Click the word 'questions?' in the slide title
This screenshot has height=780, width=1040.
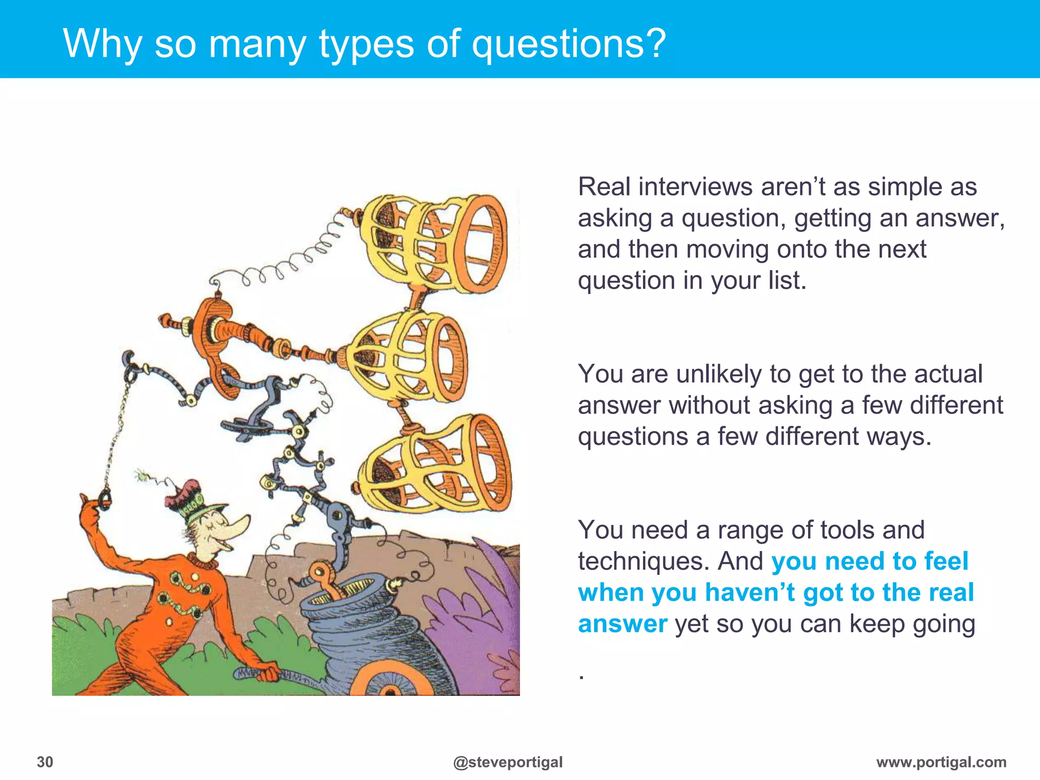click(x=569, y=45)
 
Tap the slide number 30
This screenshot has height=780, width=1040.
click(x=45, y=762)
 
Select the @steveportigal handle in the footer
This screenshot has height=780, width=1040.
click(x=508, y=762)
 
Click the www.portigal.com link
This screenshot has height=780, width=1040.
click(x=941, y=762)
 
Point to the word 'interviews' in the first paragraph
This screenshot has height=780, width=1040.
click(x=695, y=187)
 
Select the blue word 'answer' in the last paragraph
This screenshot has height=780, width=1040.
click(x=623, y=624)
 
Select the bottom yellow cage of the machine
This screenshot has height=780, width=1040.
click(x=437, y=465)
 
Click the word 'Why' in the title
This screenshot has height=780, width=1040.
click(x=102, y=45)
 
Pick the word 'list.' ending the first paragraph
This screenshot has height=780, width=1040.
click(x=787, y=281)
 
